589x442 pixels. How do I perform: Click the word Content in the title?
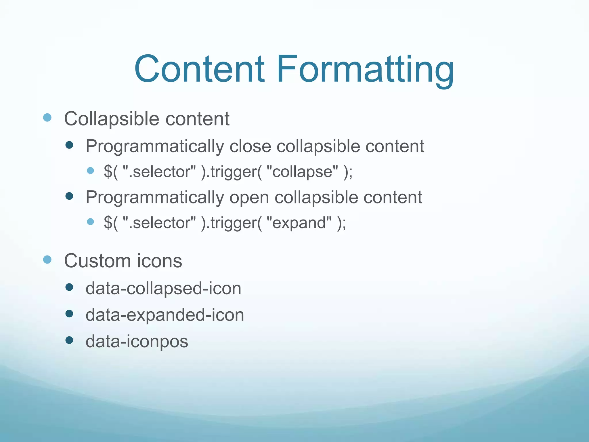pyautogui.click(x=199, y=69)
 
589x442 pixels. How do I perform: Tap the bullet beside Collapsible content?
pyautogui.click(x=47, y=117)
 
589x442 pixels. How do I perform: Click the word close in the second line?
pyautogui.click(x=250, y=146)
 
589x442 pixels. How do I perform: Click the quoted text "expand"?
pyautogui.click(x=299, y=223)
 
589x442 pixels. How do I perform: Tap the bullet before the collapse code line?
pyautogui.click(x=90, y=171)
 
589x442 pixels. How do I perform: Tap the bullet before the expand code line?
pyautogui.click(x=90, y=222)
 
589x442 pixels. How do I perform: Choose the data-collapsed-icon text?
pyautogui.click(x=163, y=288)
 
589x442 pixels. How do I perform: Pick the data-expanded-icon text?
pyautogui.click(x=165, y=315)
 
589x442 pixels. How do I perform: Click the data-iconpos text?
pyautogui.click(x=137, y=342)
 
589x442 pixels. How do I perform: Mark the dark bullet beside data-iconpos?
pyautogui.click(x=69, y=340)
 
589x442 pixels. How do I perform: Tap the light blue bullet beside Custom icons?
pyautogui.click(x=47, y=260)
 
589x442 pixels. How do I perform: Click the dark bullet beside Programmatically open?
pyautogui.click(x=69, y=196)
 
